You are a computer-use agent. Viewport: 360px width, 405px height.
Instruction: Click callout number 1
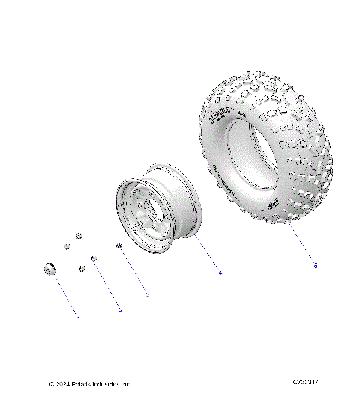pos(79,319)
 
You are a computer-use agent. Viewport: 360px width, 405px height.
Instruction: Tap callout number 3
pos(147,295)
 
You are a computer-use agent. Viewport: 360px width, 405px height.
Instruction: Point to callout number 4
pos(220,272)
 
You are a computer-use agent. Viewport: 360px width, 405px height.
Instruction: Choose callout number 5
pos(316,265)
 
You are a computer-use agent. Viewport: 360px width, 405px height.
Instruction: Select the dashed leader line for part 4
pos(208,256)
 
